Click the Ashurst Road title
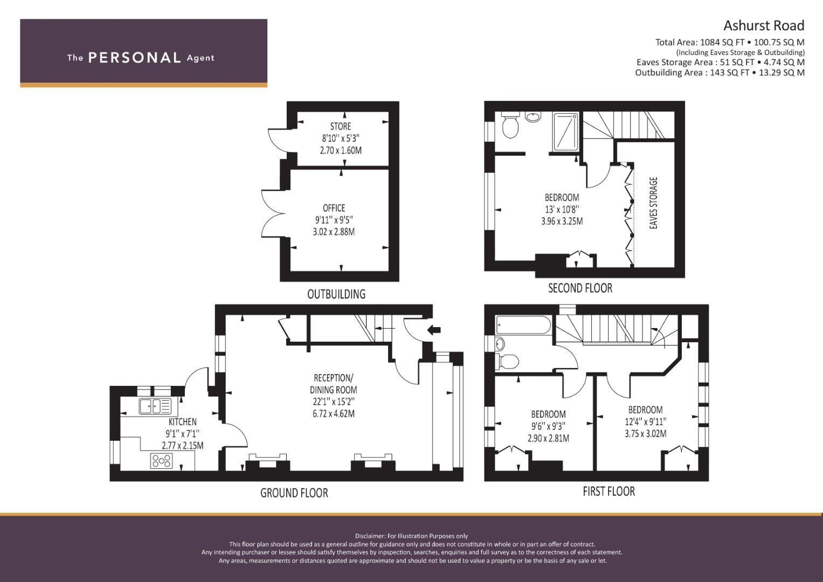[x=763, y=25]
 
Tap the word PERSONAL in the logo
[x=134, y=58]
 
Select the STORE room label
[x=340, y=127]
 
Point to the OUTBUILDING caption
[x=336, y=294]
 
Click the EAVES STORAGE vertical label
[x=654, y=203]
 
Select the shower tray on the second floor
[x=566, y=131]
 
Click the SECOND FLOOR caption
[x=580, y=288]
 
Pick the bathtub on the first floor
[x=523, y=325]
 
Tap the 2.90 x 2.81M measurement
[x=548, y=438]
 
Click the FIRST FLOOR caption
[x=608, y=491]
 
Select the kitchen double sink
[x=155, y=406]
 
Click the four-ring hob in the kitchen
[x=162, y=461]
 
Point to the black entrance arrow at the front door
[x=434, y=330]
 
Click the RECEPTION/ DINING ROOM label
[x=334, y=384]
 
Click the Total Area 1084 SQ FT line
[x=729, y=42]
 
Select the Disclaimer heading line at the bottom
[x=411, y=536]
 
